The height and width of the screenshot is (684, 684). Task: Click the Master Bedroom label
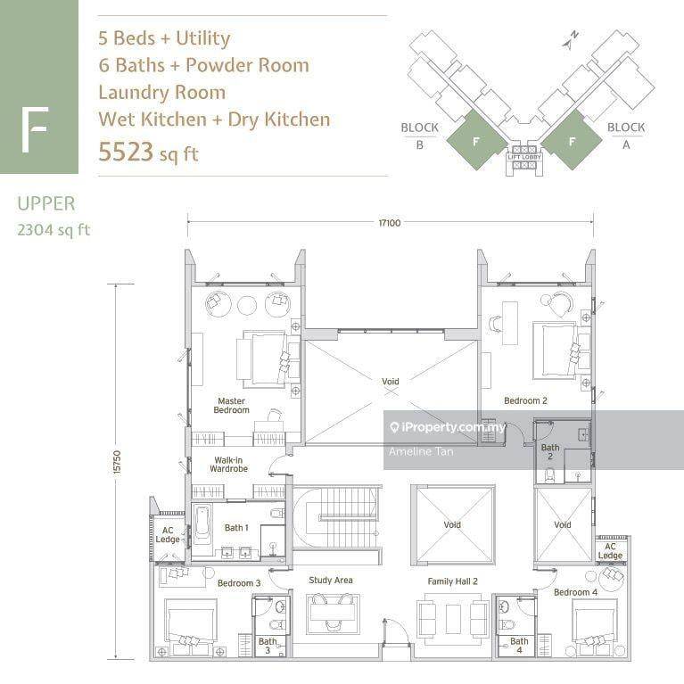click(x=231, y=406)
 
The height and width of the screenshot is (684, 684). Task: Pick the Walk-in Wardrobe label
click(x=228, y=464)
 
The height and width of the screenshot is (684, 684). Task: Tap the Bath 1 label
click(x=236, y=528)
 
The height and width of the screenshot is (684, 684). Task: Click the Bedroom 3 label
click(x=239, y=583)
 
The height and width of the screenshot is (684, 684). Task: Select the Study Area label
click(x=331, y=581)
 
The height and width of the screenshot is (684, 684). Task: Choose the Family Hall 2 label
click(x=452, y=581)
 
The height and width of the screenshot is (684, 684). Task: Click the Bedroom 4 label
click(x=575, y=592)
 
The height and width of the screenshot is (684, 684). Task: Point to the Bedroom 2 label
click(x=525, y=401)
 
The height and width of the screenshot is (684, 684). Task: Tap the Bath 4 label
click(x=519, y=647)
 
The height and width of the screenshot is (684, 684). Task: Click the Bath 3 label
click(x=268, y=647)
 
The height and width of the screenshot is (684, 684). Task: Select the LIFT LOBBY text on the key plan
click(x=524, y=157)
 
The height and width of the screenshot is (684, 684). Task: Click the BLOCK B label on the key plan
click(x=419, y=134)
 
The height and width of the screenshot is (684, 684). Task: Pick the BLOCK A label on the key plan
click(x=625, y=134)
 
